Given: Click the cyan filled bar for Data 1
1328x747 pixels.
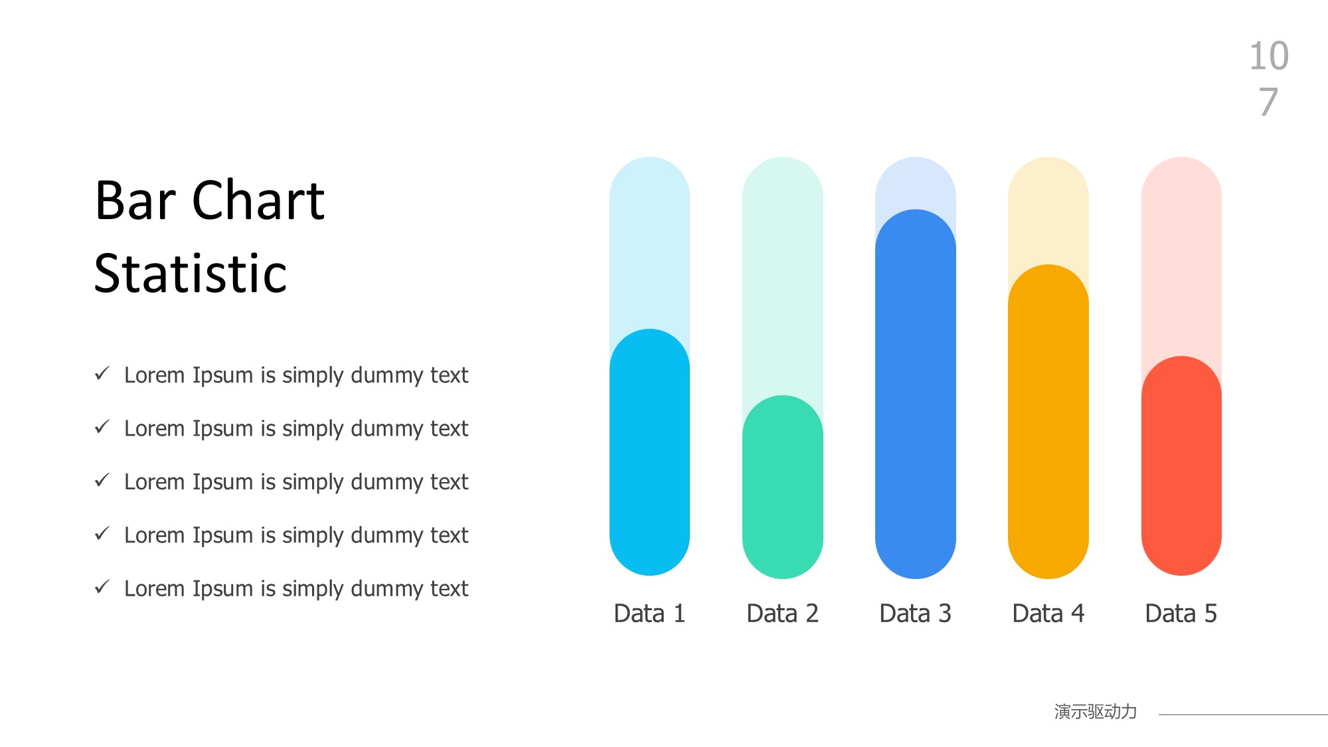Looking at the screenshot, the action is pyautogui.click(x=649, y=452).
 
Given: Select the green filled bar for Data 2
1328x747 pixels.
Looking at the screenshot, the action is pyautogui.click(x=782, y=487).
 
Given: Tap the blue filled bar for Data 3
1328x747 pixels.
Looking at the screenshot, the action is pyautogui.click(x=915, y=394).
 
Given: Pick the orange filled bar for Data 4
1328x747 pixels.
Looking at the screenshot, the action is pyautogui.click(x=1048, y=422).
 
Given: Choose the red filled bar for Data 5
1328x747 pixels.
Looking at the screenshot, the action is pyautogui.click(x=1181, y=465).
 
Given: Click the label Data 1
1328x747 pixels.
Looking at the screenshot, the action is pyautogui.click(x=649, y=614).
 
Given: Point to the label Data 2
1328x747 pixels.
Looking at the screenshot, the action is pyautogui.click(x=782, y=614).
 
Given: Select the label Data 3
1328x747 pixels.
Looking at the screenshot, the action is pyautogui.click(x=915, y=614).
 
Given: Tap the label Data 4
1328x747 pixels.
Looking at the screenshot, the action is pyautogui.click(x=1048, y=614).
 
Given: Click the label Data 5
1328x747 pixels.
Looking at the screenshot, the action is pyautogui.click(x=1181, y=614).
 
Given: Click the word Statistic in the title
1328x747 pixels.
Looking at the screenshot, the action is pyautogui.click(x=191, y=273).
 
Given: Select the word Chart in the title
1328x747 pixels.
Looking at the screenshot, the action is pyautogui.click(x=258, y=200).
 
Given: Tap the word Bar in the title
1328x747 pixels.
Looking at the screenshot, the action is pyautogui.click(x=135, y=200).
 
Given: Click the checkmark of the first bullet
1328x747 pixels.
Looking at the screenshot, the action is pyautogui.click(x=102, y=373).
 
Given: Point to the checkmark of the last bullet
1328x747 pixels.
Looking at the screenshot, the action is pyautogui.click(x=102, y=586).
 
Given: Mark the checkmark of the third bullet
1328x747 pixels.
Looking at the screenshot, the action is pyautogui.click(x=102, y=479).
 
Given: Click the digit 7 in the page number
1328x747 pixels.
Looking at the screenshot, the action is pyautogui.click(x=1268, y=102).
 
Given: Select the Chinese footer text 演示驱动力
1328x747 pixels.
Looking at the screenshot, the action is pyautogui.click(x=1096, y=712).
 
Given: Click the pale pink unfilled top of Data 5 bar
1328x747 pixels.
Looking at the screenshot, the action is pyautogui.click(x=1181, y=252).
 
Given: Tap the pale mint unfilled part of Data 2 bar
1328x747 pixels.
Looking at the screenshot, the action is pyautogui.click(x=782, y=272).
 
